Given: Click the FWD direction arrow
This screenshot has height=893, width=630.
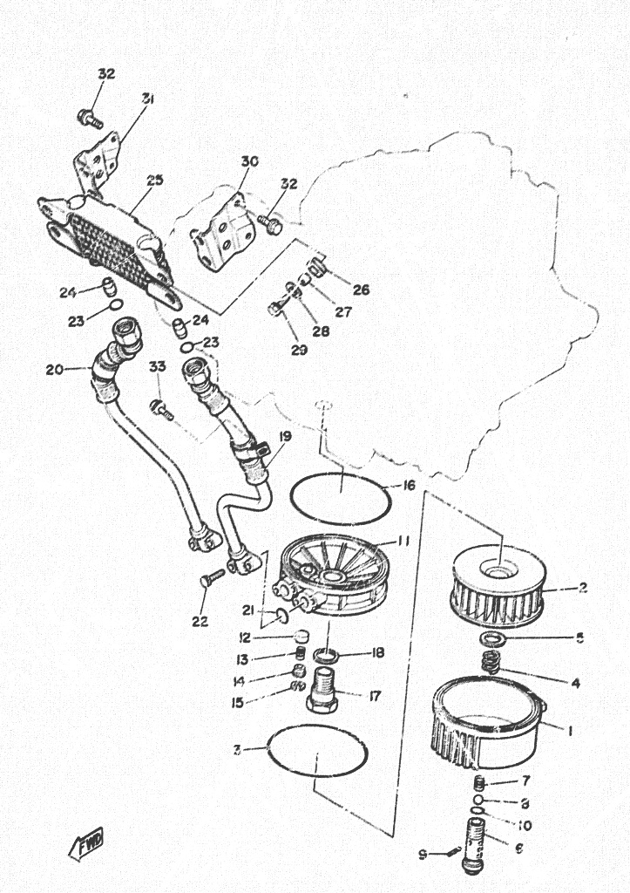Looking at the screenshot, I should point(87,843).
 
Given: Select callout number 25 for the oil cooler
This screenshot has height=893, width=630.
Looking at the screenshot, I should point(154,181).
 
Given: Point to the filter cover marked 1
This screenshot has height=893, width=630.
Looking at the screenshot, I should point(489,724).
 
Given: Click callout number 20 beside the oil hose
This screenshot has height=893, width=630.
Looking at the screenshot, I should point(54,369).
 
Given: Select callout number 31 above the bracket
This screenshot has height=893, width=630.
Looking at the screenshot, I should point(147,99).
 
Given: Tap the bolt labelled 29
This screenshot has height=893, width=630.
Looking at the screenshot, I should point(275,307).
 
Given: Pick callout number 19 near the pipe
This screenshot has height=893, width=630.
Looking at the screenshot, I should point(286,435).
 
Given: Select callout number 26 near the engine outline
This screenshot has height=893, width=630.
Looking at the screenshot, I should point(362,290).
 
